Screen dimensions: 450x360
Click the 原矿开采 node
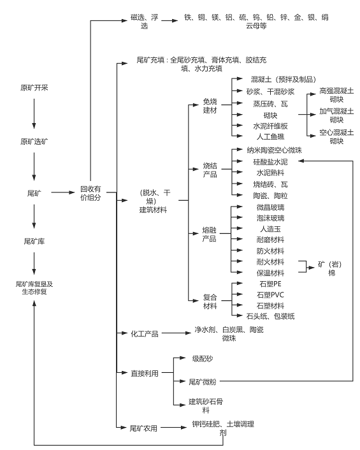[x=34, y=87]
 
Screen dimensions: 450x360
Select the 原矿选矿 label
[x=34, y=141]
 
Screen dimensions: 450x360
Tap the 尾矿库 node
[x=34, y=242]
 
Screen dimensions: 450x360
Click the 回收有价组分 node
[x=90, y=194]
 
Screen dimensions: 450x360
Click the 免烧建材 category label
[x=210, y=106]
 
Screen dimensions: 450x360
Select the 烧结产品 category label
[x=210, y=170]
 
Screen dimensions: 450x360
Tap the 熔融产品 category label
[x=210, y=234]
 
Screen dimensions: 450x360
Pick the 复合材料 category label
[x=210, y=301]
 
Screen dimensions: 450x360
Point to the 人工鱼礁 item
[x=270, y=136]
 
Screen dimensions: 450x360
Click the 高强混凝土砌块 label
[x=336, y=96]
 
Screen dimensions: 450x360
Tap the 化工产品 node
[x=144, y=333]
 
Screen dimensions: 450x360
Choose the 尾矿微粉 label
[x=203, y=382]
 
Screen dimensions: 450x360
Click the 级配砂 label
[x=203, y=358]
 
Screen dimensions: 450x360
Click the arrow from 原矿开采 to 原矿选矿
[x=34, y=114]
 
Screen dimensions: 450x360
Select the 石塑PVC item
[x=270, y=294]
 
